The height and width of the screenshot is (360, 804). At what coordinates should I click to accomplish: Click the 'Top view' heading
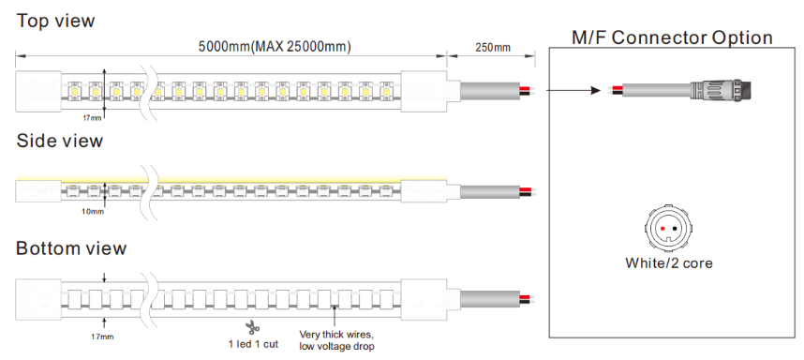(56, 21)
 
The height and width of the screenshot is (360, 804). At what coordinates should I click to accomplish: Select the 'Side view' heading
(59, 141)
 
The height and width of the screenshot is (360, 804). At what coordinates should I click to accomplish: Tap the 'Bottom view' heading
(71, 248)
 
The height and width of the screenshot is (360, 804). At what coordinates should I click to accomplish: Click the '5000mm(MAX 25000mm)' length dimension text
(275, 47)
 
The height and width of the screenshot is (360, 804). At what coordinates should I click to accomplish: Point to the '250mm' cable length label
(492, 48)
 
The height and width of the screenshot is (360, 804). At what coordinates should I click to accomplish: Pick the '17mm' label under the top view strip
(92, 118)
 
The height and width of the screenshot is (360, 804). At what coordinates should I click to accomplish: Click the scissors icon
(252, 327)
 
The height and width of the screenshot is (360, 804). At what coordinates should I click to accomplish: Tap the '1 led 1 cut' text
(253, 344)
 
